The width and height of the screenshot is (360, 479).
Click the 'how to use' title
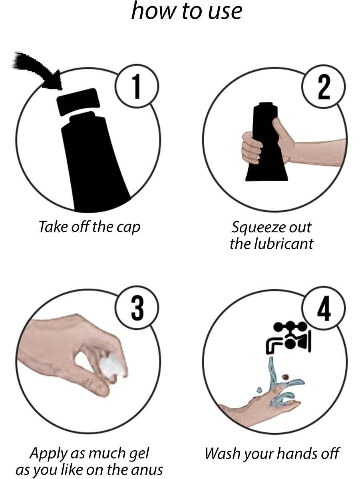pos(187,11)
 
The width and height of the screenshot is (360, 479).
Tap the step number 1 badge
pos(137,86)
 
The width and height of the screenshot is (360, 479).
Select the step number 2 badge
pos(324,86)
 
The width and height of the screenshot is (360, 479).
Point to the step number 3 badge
pos(137,307)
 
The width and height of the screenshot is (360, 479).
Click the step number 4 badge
pos(324,308)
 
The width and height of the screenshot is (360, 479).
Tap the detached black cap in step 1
pos(78,102)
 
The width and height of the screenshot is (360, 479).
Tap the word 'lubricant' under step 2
pos(284,243)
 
